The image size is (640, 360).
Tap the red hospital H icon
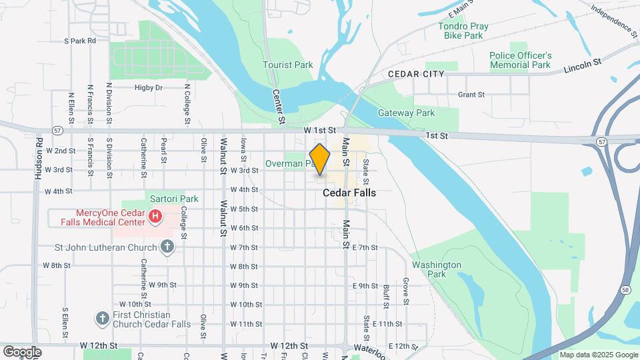tap(155, 216)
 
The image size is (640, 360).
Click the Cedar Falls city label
tap(349, 193)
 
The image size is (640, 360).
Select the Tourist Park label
tap(287, 65)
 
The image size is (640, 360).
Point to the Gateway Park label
tap(406, 113)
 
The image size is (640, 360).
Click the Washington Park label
tap(437, 269)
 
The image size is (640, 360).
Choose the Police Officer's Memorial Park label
tap(520, 60)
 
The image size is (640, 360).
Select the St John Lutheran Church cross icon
tap(167, 247)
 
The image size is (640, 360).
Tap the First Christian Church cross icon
tap(102, 318)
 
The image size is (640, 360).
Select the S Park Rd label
tap(80, 41)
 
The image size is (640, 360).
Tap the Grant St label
tap(471, 95)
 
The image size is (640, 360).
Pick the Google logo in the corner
tap(23, 351)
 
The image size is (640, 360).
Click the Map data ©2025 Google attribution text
tap(598, 355)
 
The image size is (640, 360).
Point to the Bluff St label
tap(386, 294)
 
